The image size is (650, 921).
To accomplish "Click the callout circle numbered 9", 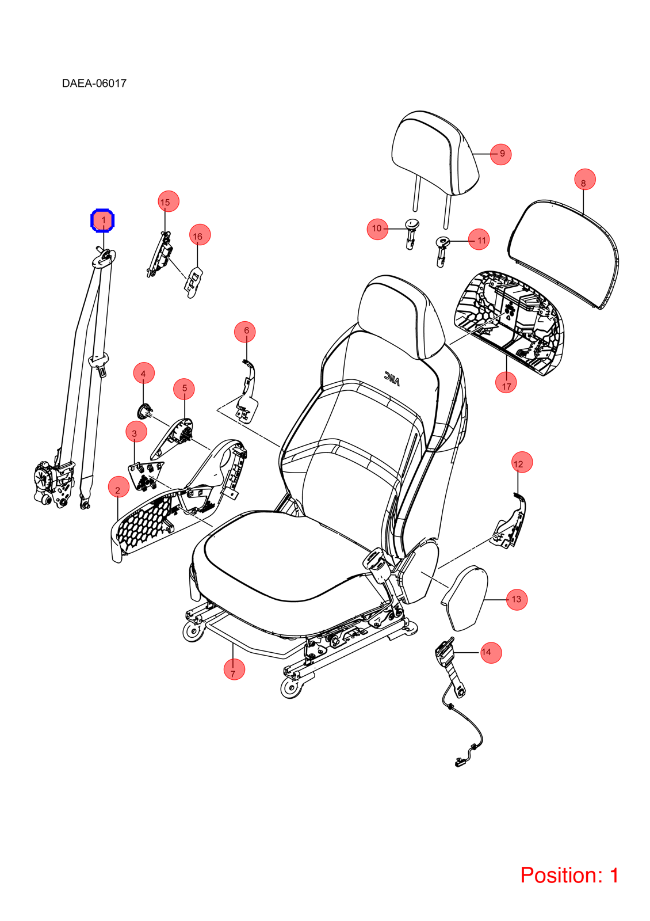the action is [500, 154].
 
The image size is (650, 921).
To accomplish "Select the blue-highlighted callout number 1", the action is [102, 221].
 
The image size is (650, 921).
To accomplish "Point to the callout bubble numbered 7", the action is [234, 669].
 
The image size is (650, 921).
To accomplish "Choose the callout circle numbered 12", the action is [522, 462].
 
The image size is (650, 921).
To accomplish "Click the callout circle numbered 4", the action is [144, 373].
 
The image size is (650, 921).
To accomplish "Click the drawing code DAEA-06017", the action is [94, 83].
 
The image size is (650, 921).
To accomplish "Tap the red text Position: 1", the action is [569, 874].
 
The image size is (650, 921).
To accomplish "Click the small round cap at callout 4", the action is [143, 411].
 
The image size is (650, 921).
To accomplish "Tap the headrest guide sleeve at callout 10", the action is [412, 233].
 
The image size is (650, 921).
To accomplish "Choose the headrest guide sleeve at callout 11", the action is [442, 251].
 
